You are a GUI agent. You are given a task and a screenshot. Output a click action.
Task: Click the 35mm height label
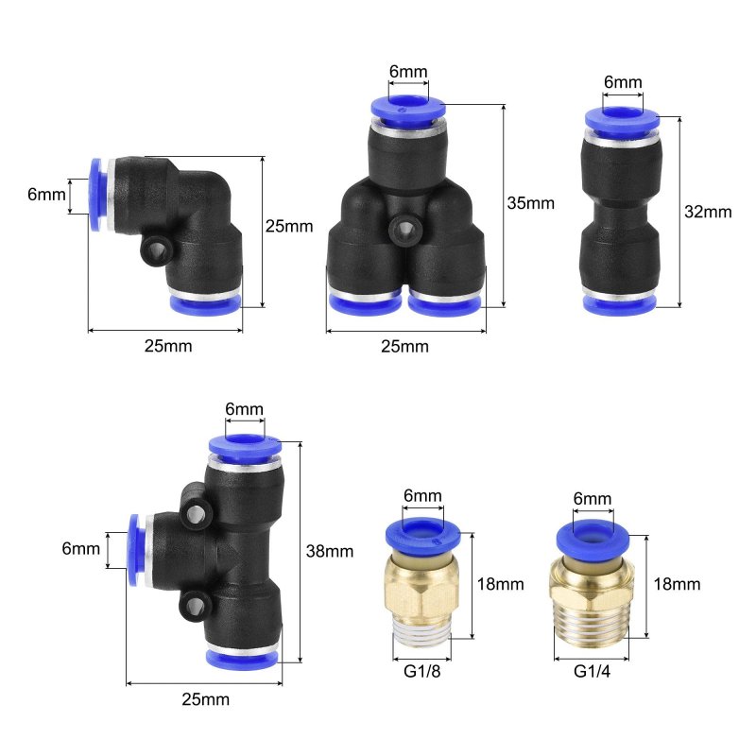tap(530, 203)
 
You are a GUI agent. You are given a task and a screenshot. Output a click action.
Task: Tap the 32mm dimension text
tap(708, 212)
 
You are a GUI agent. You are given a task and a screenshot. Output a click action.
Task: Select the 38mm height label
tap(330, 551)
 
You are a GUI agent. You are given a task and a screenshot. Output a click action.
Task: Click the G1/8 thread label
tap(421, 671)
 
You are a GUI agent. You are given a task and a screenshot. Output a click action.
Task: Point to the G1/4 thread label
tap(592, 671)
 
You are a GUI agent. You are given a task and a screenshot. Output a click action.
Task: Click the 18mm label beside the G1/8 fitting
tap(501, 584)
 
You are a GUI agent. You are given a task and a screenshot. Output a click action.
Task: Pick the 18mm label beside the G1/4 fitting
tap(677, 584)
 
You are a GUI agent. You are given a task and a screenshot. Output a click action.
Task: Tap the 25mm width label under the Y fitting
tap(404, 347)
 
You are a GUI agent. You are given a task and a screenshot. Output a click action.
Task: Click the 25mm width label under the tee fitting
tap(205, 699)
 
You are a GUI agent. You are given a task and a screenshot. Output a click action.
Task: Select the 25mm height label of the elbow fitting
tap(289, 226)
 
